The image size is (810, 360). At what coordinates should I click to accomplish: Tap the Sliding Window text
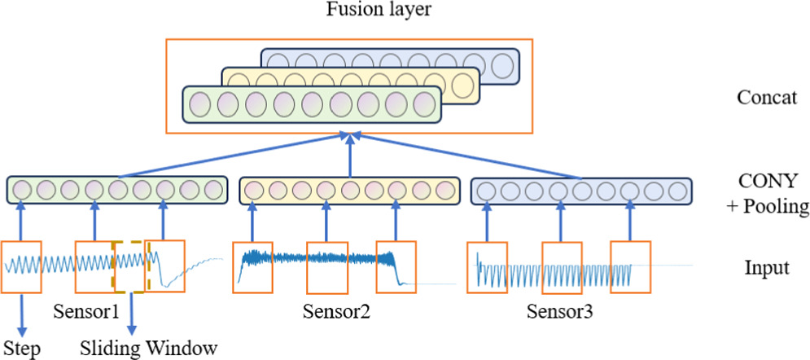[150, 348]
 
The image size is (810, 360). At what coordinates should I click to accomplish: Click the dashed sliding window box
[130, 266]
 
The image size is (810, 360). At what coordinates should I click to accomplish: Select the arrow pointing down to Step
[20, 313]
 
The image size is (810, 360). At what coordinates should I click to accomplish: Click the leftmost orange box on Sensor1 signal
[21, 266]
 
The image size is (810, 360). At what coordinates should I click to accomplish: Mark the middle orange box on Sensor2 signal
[327, 266]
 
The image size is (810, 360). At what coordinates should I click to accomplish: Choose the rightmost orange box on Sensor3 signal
[631, 266]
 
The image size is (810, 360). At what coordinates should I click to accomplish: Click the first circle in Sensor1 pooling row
[21, 190]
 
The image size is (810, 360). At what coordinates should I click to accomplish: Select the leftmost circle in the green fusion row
[200, 105]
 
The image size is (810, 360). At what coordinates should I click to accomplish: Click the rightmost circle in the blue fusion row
[502, 64]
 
